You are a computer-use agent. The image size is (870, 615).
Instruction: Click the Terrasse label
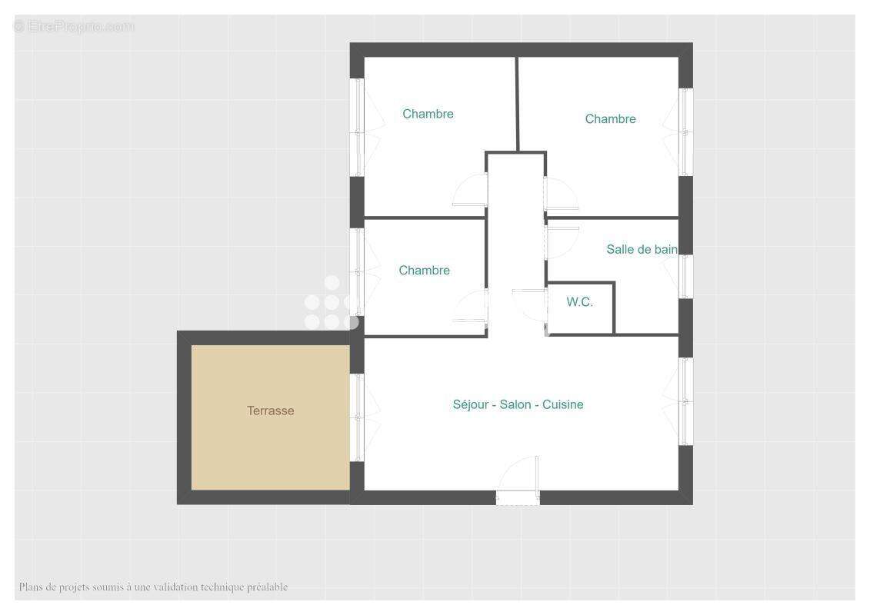[270, 411]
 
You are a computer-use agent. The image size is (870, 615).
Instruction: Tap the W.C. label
[580, 301]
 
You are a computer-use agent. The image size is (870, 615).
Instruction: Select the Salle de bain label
[642, 250]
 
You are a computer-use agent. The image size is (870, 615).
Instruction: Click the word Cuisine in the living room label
[562, 405]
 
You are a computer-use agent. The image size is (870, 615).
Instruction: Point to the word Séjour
[471, 405]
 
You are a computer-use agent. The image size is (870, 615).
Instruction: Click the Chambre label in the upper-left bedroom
[428, 115]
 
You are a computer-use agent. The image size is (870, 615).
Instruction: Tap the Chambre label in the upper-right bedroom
[610, 119]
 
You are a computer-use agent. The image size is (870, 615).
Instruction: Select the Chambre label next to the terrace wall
[424, 271]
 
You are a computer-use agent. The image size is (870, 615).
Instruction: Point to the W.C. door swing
[530, 305]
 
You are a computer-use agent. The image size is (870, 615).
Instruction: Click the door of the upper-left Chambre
[471, 190]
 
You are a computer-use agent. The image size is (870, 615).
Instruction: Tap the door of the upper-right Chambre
[561, 193]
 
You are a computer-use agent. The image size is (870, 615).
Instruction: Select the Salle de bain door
[562, 243]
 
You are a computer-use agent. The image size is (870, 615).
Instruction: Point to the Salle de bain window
[684, 276]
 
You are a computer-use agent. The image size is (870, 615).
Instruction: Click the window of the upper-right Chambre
[684, 132]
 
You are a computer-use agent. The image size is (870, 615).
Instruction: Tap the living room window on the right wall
[684, 401]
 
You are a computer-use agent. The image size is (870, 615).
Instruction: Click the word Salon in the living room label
[515, 405]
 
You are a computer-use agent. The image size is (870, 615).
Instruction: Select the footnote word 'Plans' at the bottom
[31, 587]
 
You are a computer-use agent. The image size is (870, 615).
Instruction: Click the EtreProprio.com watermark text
[74, 26]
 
